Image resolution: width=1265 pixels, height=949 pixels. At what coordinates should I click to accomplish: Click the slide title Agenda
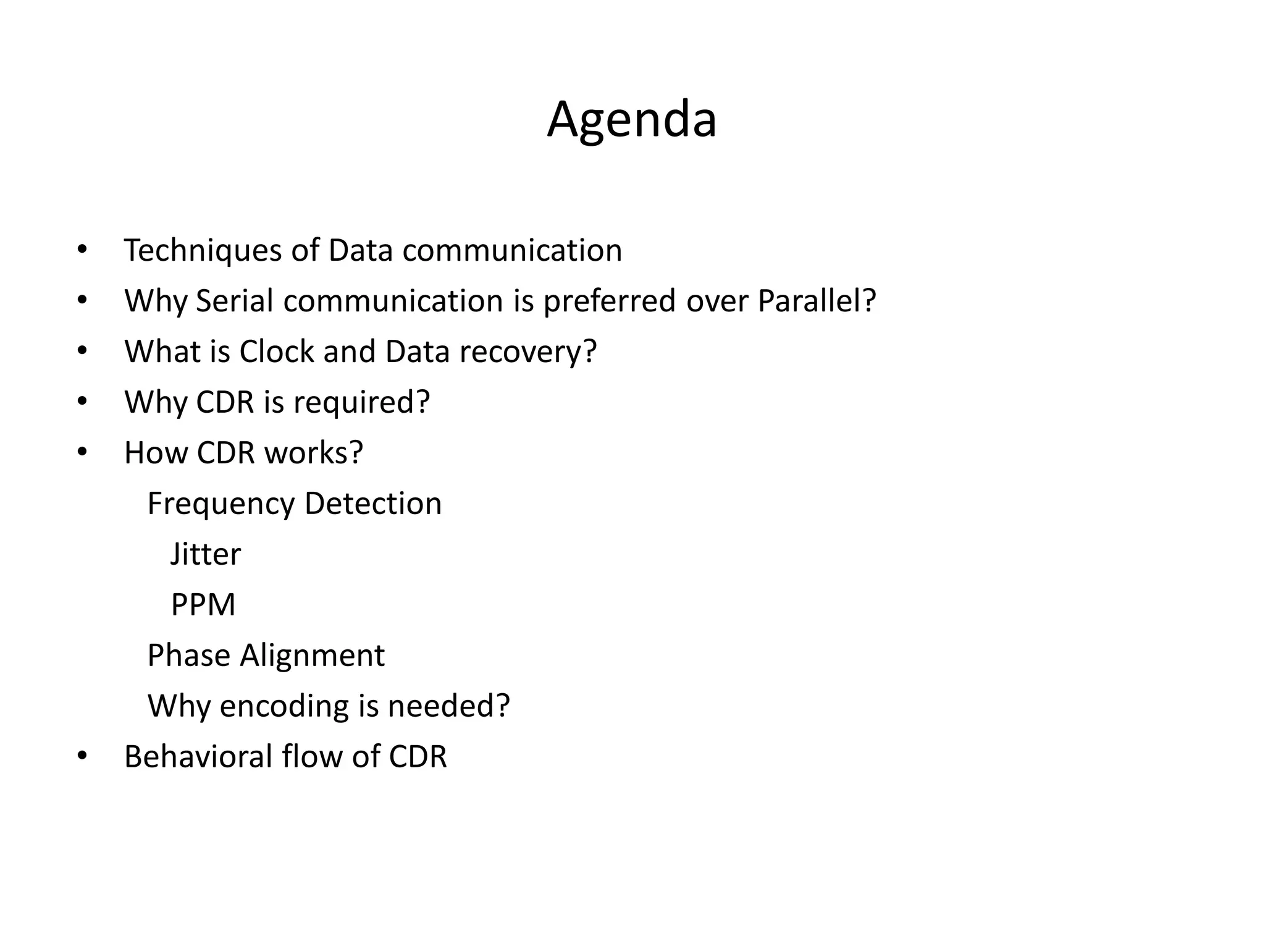pos(631,120)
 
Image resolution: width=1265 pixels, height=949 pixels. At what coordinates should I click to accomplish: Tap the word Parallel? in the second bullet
pos(817,302)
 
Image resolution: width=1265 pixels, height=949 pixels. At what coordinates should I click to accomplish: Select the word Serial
pos(234,302)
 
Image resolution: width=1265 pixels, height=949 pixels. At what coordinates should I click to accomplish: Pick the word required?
pos(361,403)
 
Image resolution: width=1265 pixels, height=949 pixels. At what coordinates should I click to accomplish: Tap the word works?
pos(313,453)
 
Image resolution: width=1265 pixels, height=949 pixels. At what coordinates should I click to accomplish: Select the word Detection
pos(373,504)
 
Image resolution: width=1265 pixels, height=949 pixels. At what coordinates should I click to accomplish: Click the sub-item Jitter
pos(205,554)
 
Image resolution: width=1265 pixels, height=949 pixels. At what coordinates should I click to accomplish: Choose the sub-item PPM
pos(203,605)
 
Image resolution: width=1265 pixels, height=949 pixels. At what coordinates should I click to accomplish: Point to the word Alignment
pos(312,656)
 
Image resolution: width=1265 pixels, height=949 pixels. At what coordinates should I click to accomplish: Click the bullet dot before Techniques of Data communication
pos(82,250)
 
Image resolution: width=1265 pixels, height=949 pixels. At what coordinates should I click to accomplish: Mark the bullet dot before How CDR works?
pos(82,453)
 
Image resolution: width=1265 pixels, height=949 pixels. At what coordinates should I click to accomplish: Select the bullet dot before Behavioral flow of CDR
pos(82,756)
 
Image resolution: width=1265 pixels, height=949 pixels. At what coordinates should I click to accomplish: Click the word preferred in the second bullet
pos(610,302)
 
